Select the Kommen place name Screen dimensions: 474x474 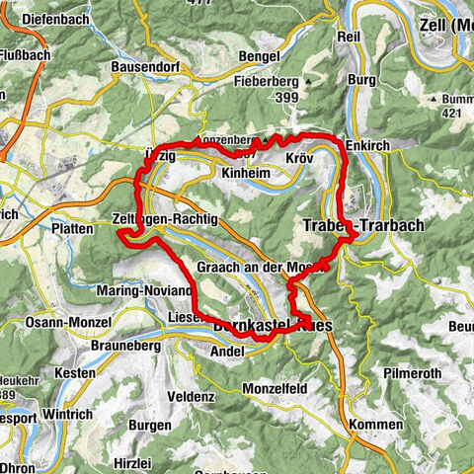click(375, 423)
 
